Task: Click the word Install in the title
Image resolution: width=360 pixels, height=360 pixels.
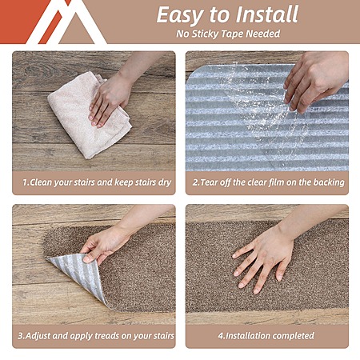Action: [267, 14]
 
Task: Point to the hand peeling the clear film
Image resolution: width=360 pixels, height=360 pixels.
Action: [314, 80]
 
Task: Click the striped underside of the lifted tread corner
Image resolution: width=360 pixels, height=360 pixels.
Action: [78, 274]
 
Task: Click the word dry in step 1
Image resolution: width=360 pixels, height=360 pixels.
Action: [165, 182]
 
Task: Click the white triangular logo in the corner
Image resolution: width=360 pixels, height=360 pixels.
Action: [66, 22]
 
